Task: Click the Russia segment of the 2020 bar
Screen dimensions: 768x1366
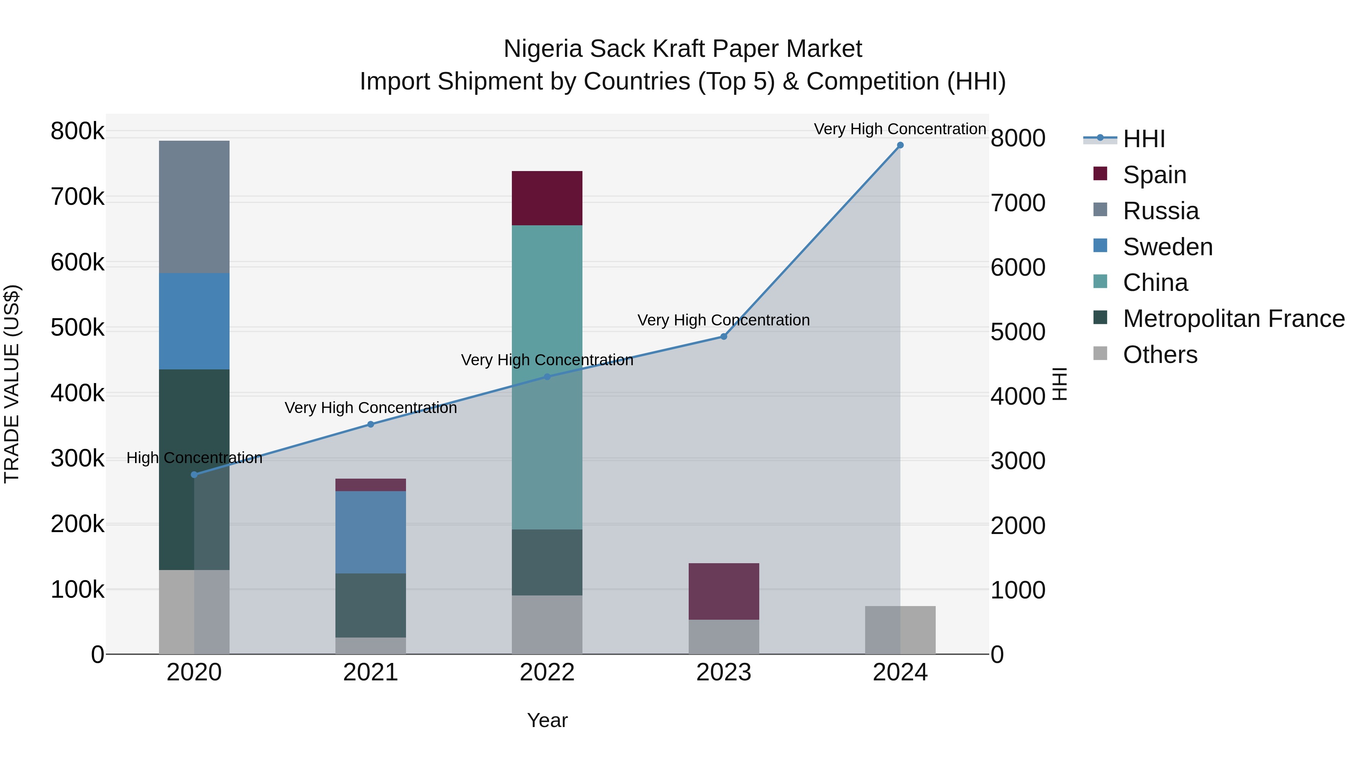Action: click(194, 207)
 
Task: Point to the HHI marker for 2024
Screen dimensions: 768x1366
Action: click(900, 145)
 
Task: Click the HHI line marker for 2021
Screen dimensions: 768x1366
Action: click(371, 424)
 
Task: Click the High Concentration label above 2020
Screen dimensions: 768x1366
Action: click(194, 458)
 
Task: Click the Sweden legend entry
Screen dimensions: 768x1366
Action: click(1167, 247)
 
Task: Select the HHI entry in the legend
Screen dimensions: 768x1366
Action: click(1143, 139)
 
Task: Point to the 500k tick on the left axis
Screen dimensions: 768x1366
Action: click(77, 328)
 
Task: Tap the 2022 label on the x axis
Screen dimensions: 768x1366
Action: click(547, 672)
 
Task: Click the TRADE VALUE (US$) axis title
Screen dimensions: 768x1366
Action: click(12, 384)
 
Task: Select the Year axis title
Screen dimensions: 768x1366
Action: click(547, 720)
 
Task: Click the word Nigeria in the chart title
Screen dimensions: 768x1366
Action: click(543, 49)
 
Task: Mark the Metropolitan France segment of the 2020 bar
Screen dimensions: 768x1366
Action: click(194, 469)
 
